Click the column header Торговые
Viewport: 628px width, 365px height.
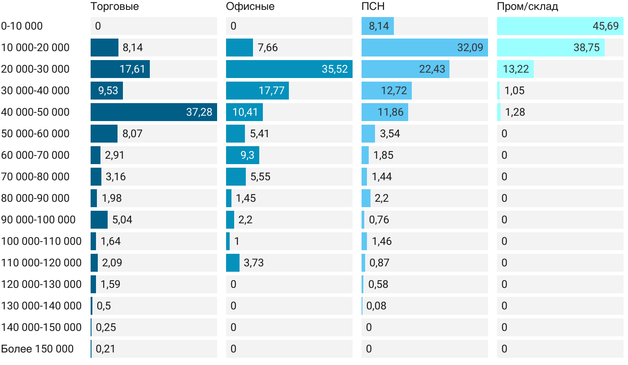[x=114, y=7]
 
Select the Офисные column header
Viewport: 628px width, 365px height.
[x=250, y=7]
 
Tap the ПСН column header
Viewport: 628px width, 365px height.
[x=373, y=7]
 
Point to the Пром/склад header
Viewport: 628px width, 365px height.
[x=528, y=7]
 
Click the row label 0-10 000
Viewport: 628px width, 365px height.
[x=22, y=26]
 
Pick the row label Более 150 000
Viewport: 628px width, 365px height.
[x=37, y=349]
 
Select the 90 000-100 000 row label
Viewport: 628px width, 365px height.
[x=38, y=220]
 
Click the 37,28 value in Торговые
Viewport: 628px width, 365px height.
[x=199, y=112]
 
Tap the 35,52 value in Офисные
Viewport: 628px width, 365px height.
[x=335, y=69]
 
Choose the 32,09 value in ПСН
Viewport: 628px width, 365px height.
[x=470, y=48]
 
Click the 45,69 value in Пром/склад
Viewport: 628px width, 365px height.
[x=606, y=26]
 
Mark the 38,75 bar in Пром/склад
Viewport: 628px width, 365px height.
[x=550, y=48]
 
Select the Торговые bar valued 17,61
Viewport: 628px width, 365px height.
[x=120, y=69]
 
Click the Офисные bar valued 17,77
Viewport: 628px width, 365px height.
[x=257, y=91]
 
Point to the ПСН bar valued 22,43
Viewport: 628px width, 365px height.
[x=405, y=69]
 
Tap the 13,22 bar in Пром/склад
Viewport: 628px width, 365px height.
[x=515, y=69]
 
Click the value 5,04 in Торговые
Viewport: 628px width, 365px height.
[x=122, y=220]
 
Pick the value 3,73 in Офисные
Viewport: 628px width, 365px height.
[x=253, y=263]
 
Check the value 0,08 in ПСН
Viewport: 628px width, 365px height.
[x=376, y=306]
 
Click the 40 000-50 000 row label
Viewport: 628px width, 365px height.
[x=35, y=112]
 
